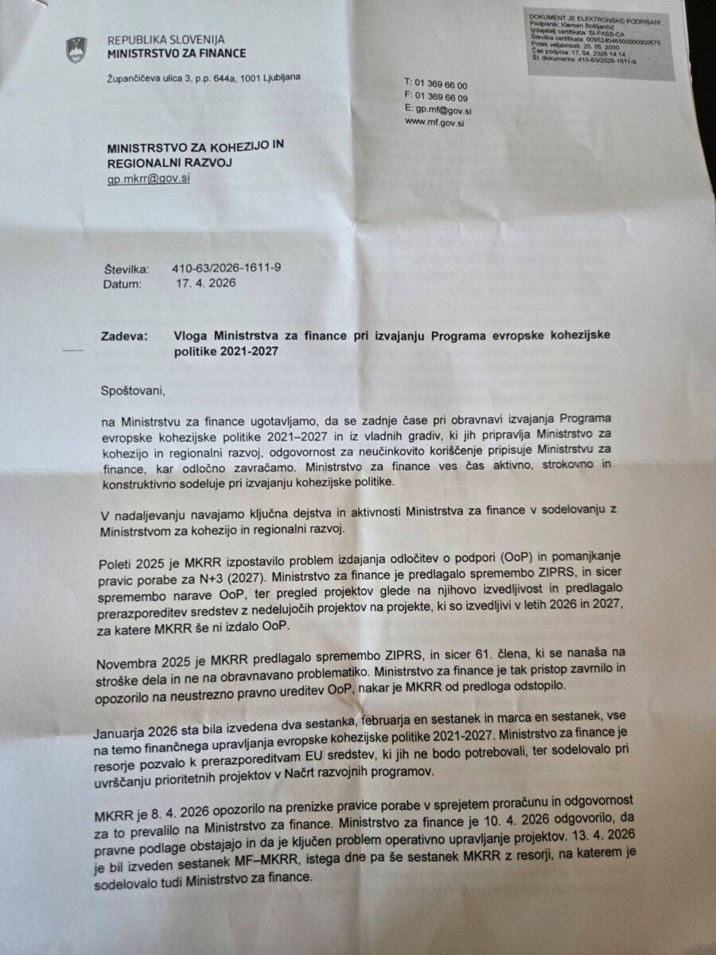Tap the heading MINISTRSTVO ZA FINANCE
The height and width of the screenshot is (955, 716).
click(x=177, y=54)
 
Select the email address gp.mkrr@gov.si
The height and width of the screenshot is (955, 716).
click(x=149, y=180)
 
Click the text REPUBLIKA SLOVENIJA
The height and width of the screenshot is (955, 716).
click(x=165, y=39)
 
